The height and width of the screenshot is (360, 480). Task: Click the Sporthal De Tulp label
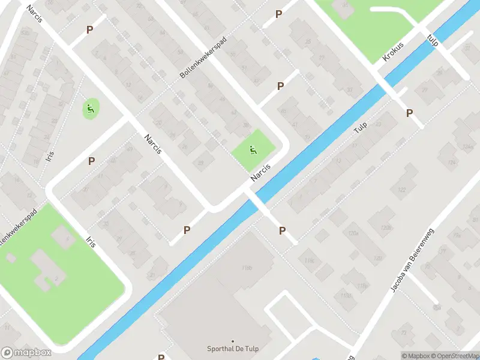tap(233, 350)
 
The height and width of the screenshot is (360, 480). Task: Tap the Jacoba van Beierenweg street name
tap(412, 260)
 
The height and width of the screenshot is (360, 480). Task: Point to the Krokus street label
tap(393, 52)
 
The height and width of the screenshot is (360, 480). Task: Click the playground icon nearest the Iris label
tap(90, 109)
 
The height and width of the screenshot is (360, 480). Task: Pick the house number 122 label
tap(401, 190)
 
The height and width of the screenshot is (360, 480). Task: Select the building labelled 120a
tap(353, 233)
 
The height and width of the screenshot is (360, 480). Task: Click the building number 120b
tap(386, 228)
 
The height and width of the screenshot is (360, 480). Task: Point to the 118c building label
tap(310, 260)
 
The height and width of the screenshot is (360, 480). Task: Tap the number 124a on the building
tap(451, 146)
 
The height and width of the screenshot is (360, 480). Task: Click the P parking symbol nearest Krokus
tap(410, 113)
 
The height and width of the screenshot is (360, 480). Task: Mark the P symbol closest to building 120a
tap(282, 230)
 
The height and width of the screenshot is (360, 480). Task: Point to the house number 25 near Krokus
tap(308, 41)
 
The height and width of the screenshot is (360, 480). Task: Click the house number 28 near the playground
tap(200, 162)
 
